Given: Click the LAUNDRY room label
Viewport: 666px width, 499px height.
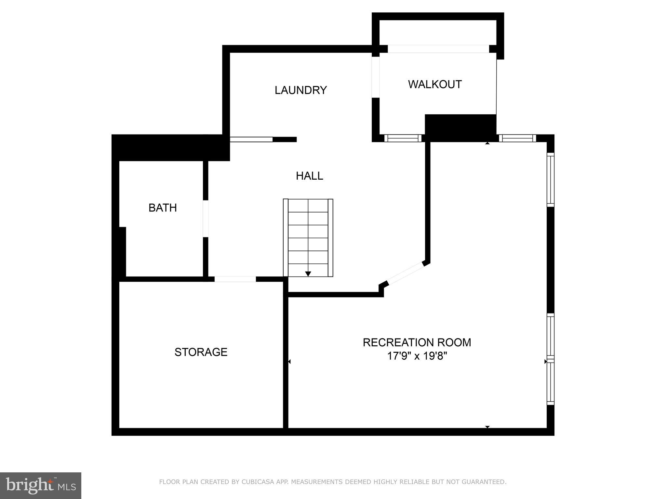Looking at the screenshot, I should click(x=300, y=90).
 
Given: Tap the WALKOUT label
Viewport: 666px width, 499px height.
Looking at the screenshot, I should click(x=434, y=84).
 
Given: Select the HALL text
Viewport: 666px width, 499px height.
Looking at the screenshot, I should click(x=309, y=176).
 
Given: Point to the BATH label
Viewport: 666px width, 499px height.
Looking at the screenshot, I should click(x=163, y=208).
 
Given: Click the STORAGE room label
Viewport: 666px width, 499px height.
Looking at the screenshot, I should click(x=201, y=352).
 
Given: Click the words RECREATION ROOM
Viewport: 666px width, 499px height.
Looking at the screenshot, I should click(x=417, y=342).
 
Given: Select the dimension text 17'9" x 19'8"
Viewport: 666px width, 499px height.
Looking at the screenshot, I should click(x=417, y=356).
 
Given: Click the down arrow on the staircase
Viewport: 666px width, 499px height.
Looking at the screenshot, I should click(x=308, y=274).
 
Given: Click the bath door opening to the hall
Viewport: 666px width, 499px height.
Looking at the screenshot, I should click(x=206, y=219).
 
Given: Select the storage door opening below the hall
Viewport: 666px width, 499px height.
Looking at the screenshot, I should click(x=235, y=279).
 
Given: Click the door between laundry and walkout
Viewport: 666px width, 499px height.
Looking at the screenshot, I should click(x=376, y=77).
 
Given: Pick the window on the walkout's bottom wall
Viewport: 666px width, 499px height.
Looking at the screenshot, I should click(x=403, y=138).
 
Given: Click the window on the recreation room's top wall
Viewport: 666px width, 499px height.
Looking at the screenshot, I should click(x=517, y=138).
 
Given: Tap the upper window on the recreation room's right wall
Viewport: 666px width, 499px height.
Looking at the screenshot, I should click(x=550, y=180).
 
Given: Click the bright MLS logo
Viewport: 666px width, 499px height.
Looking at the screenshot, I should click(x=41, y=485).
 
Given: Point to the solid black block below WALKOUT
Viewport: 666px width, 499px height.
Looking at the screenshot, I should click(x=460, y=128).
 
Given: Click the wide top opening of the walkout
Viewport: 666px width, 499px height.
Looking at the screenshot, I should click(x=438, y=49).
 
